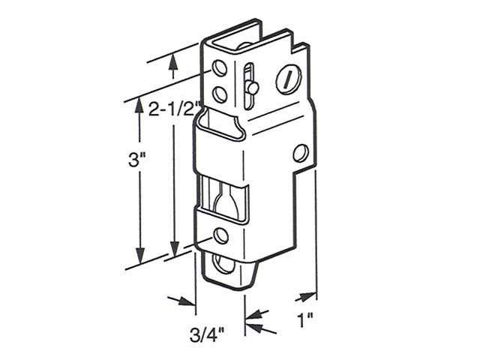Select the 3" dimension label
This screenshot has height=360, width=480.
[136, 159]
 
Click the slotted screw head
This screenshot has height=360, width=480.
[288, 79]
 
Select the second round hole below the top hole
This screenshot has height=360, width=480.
[219, 94]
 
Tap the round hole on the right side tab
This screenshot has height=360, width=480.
[301, 154]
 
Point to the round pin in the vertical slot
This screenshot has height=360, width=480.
[253, 88]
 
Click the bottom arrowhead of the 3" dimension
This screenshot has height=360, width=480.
[139, 255]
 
